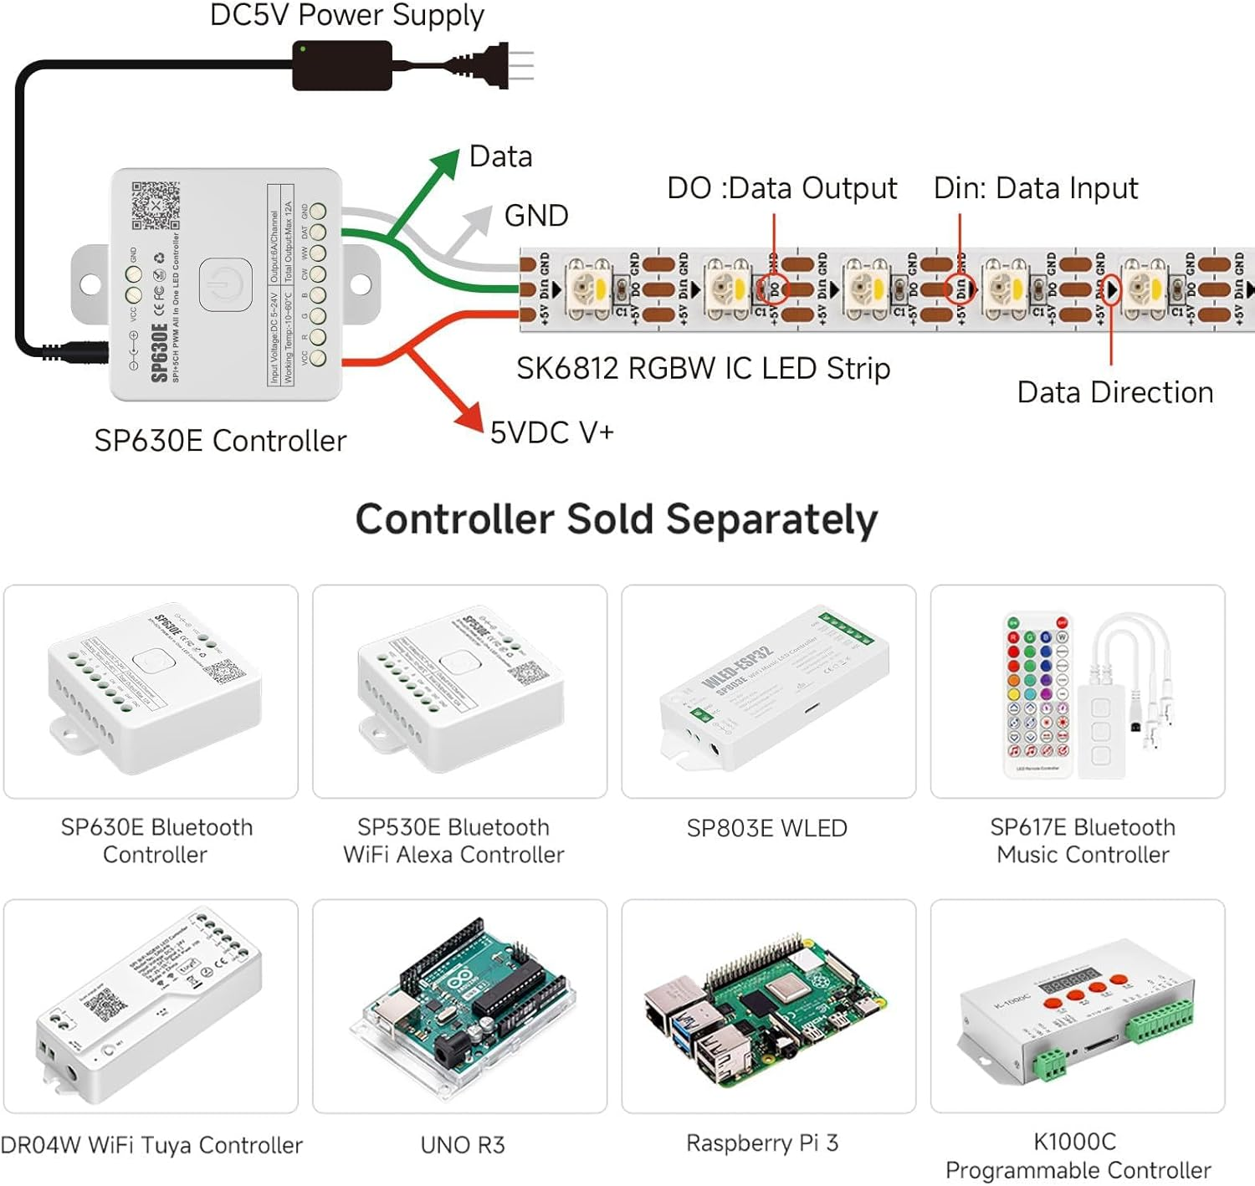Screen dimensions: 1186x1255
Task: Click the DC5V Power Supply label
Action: click(346, 15)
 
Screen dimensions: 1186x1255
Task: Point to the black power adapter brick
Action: click(342, 65)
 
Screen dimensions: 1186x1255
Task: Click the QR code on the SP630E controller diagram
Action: click(155, 205)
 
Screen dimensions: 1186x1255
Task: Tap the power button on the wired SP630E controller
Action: click(225, 284)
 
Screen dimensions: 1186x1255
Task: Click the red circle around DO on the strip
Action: click(774, 289)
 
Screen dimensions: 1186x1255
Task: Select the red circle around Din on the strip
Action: click(960, 289)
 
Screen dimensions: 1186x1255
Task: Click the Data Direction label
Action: click(1114, 392)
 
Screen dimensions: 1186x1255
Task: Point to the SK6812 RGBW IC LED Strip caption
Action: click(703, 368)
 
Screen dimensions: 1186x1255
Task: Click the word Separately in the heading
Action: click(771, 519)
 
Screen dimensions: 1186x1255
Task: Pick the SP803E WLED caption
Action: click(766, 828)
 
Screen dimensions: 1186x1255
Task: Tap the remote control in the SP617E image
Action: click(1037, 694)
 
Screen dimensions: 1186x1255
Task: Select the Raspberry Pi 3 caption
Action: click(761, 1143)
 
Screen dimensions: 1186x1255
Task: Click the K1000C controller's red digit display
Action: click(1068, 978)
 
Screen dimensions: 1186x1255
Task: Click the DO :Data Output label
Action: click(781, 188)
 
